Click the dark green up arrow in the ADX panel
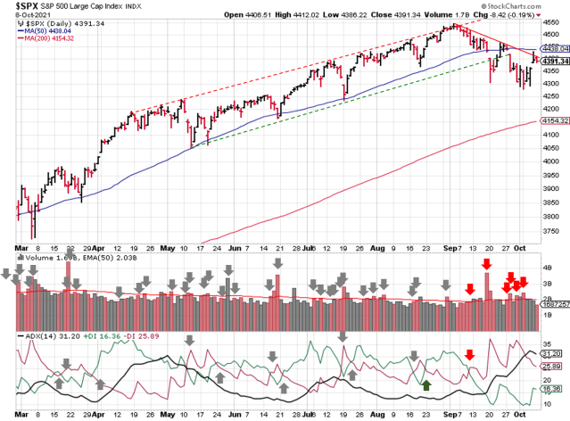427,385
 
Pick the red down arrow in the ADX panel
470,355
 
